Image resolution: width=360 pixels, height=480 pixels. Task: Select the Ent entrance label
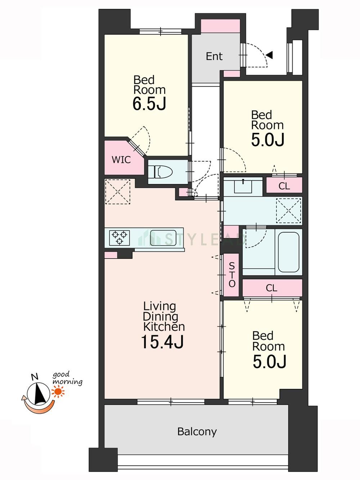214,56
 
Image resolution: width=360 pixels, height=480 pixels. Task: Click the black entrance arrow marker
270,55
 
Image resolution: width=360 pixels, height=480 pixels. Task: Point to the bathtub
288,252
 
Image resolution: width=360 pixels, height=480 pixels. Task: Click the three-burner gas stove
120,238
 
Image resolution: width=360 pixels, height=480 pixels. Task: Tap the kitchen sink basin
163,238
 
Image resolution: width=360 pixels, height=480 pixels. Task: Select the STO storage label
232,275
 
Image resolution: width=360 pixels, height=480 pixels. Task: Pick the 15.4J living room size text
162,342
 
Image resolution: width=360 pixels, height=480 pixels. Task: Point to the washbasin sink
243,186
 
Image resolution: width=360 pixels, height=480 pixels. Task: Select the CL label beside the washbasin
284,186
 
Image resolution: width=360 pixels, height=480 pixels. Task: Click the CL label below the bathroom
271,288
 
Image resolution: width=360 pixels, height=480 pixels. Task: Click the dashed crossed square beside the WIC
118,192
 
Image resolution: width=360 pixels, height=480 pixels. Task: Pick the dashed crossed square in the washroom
288,211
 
